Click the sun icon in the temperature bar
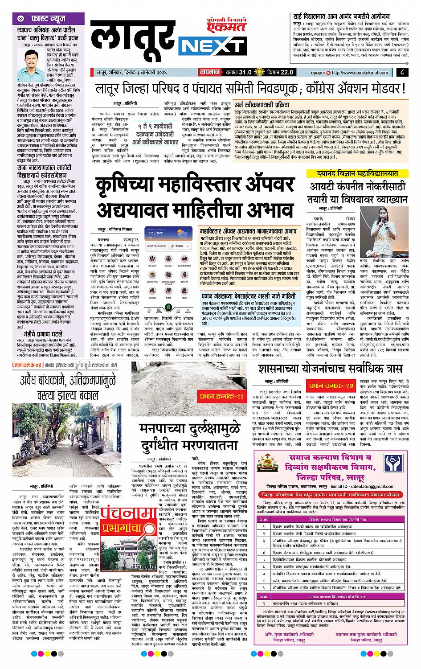pos(259,72)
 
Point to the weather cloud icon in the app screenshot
pos(183,234)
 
